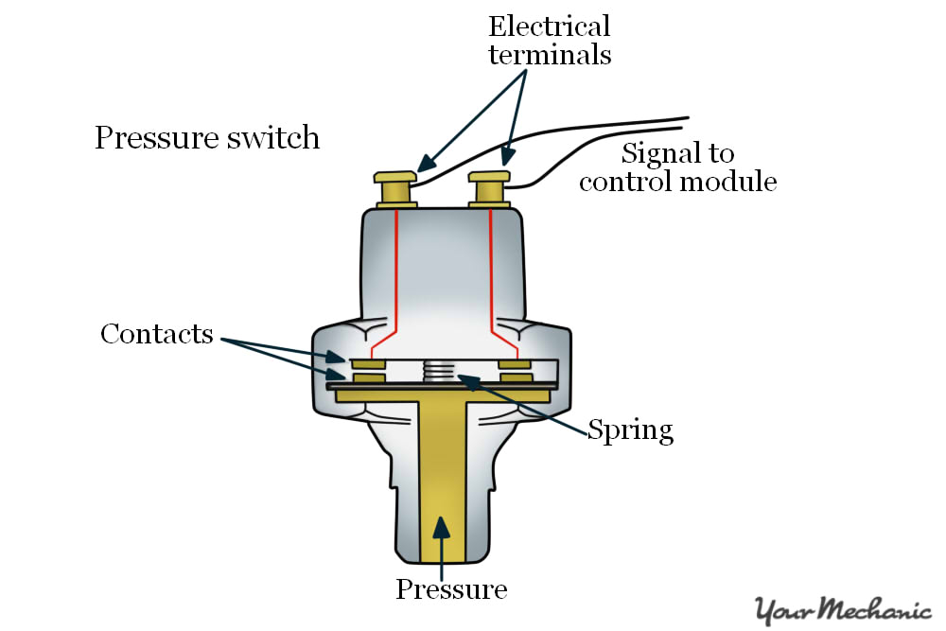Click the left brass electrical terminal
coord(395,188)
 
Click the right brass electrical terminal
coord(490,188)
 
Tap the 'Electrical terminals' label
coord(549,40)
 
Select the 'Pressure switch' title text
coord(207,138)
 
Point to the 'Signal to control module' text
coord(677,167)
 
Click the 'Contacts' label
coord(157,334)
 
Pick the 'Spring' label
coord(630,430)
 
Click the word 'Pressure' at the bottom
coord(451,589)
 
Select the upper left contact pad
coord(368,363)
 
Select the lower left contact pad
coord(368,378)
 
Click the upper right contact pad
coord(515,363)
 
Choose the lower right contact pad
coord(515,378)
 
